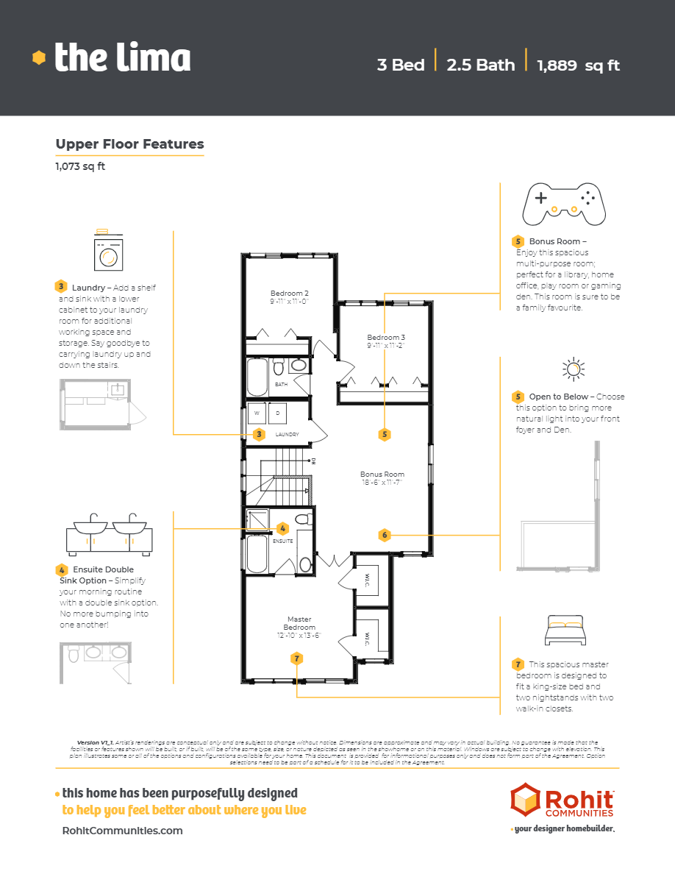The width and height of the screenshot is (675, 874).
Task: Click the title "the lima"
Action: (122, 57)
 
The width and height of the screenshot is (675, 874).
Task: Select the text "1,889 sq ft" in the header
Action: (578, 65)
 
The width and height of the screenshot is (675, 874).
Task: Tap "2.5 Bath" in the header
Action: (481, 65)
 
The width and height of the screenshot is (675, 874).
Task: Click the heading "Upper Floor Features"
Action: (129, 144)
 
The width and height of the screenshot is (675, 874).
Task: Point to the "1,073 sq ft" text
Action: (80, 166)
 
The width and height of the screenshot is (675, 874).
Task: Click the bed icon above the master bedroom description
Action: (565, 630)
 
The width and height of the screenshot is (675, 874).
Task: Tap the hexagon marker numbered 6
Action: (385, 535)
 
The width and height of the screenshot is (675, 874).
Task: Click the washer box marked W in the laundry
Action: (257, 413)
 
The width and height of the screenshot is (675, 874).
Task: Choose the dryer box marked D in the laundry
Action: (277, 413)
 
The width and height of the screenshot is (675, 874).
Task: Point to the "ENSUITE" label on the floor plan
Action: (283, 541)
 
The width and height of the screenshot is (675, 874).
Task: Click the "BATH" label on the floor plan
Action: (281, 384)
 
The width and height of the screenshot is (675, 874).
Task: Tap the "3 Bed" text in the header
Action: (400, 65)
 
